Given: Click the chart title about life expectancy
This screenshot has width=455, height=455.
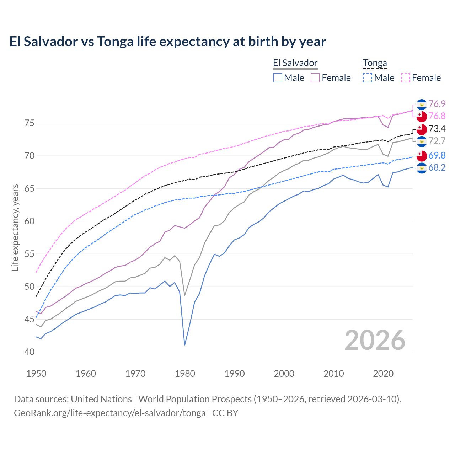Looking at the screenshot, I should click(167, 42).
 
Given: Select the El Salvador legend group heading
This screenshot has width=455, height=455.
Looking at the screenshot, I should click(295, 63).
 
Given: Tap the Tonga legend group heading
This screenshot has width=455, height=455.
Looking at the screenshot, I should click(375, 63).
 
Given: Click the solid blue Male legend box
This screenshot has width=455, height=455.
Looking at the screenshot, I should click(278, 78).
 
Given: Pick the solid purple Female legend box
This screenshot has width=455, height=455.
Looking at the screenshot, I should click(315, 78).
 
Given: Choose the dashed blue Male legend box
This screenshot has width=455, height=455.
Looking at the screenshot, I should click(368, 78).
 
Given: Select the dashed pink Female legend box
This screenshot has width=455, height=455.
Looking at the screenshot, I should click(406, 78).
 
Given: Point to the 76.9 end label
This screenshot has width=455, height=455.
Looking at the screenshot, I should click(437, 104).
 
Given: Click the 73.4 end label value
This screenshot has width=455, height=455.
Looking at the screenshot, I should click(437, 129).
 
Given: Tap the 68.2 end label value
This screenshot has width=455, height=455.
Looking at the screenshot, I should click(437, 168).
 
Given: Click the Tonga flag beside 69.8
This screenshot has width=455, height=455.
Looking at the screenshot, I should click(422, 156).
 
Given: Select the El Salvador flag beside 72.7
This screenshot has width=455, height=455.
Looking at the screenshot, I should click(422, 141).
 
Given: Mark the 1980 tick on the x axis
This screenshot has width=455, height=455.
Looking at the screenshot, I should click(185, 374).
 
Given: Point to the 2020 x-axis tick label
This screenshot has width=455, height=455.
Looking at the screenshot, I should click(383, 374).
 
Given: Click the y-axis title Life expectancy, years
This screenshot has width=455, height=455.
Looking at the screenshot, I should click(15, 227).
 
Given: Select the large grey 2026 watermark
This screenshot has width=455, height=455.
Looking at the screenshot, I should click(375, 340).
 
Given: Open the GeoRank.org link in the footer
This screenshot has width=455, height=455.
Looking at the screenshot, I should click(109, 413).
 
